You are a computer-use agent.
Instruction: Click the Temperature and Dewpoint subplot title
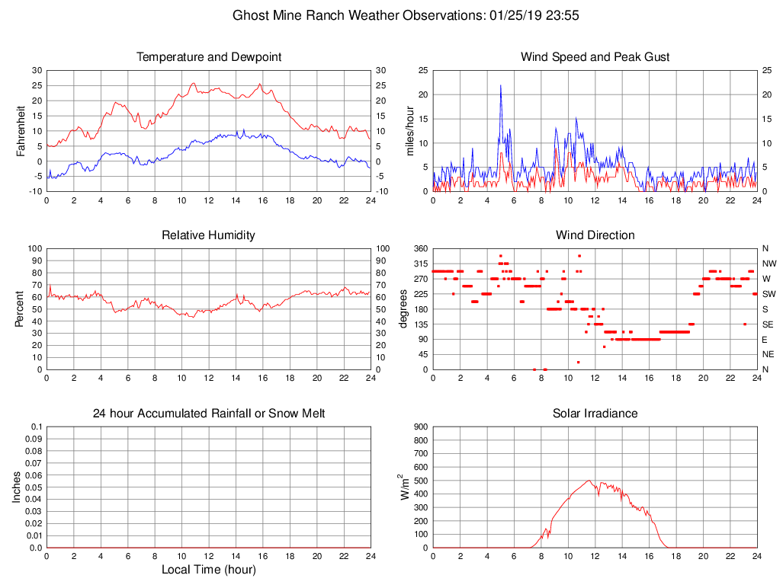pos(208,57)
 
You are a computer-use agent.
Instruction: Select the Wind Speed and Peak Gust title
pos(595,57)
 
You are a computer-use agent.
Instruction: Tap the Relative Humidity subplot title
pos(208,235)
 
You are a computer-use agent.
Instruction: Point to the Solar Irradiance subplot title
pos(595,414)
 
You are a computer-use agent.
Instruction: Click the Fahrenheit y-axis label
pos(21,131)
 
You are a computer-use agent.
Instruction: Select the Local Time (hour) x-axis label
pos(208,570)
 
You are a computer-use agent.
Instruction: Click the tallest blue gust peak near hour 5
pos(500,85)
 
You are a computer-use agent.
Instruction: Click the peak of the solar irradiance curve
pos(589,481)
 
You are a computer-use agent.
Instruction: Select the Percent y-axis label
pos(21,309)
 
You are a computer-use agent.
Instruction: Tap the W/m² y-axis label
pos(405,487)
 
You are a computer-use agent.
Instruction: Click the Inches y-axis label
pos(17,487)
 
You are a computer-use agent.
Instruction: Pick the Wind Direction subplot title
pos(595,235)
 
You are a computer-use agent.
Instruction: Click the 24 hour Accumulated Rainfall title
pos(208,414)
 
